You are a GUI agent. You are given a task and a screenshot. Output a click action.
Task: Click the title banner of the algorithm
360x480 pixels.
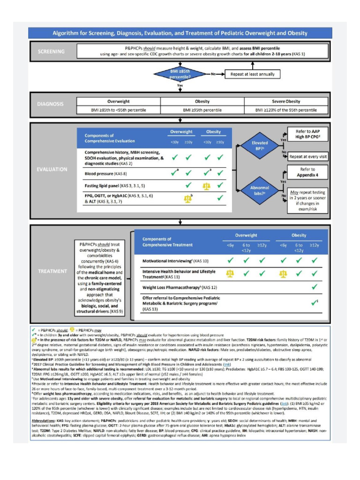(180, 33)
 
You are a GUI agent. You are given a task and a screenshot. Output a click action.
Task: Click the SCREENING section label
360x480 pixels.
(52, 51)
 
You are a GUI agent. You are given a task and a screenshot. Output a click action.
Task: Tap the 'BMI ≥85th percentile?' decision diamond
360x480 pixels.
(180, 74)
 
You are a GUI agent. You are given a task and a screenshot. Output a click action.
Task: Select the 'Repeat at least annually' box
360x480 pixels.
(252, 74)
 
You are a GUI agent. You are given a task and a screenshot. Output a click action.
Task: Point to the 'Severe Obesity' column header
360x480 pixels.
(286, 101)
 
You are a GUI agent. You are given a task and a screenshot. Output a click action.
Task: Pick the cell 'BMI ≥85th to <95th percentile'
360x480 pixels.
(119, 110)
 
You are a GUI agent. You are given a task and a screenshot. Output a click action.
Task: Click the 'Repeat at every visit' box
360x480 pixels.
(307, 157)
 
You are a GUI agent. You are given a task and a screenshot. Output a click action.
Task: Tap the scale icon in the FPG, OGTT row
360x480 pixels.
(188, 198)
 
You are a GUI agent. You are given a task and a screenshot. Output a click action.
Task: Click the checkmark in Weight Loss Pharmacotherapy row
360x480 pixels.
(315, 286)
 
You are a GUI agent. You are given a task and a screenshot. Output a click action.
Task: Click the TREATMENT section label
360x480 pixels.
(52, 271)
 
